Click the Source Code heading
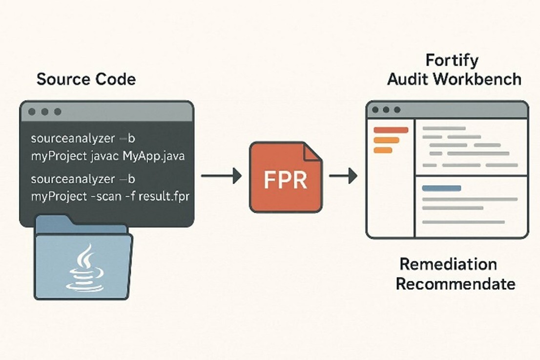pyautogui.click(x=86, y=79)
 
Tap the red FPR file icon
pyautogui.click(x=286, y=177)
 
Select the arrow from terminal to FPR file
pyautogui.click(x=222, y=176)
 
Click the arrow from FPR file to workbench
pyautogui.click(x=343, y=176)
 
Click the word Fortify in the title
pyautogui.click(x=452, y=61)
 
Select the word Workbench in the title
pyautogui.click(x=478, y=79)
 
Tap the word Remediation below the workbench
pyautogui.click(x=448, y=265)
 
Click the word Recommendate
pyautogui.click(x=455, y=284)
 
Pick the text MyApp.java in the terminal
pyautogui.click(x=154, y=156)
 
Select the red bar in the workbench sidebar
pyautogui.click(x=391, y=130)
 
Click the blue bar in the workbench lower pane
pyautogui.click(x=441, y=188)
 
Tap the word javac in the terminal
pyautogui.click(x=105, y=156)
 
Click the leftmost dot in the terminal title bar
pyautogui.click(x=32, y=112)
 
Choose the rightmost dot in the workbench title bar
pyautogui.click(x=397, y=110)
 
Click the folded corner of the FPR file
pyautogui.click(x=312, y=151)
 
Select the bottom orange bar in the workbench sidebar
pyautogui.click(x=383, y=150)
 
